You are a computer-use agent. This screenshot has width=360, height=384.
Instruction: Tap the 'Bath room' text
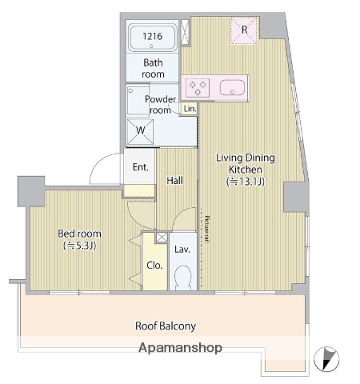[154, 68]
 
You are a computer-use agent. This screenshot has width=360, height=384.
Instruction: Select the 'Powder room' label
[160, 104]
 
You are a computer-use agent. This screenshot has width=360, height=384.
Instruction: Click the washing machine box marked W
[141, 130]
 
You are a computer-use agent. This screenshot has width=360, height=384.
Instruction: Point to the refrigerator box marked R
[245, 31]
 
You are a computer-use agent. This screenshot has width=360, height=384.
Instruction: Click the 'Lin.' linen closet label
[190, 108]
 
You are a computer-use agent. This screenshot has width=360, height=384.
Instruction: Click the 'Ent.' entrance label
[141, 167]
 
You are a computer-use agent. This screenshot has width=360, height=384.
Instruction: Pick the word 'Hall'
[175, 181]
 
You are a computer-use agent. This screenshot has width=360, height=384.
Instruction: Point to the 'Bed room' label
[78, 239]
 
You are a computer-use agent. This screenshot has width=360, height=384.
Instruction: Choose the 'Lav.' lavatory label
[182, 250]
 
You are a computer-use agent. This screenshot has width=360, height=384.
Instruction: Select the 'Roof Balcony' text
[166, 326]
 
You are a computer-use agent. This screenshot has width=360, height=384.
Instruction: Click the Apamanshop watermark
[180, 348]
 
